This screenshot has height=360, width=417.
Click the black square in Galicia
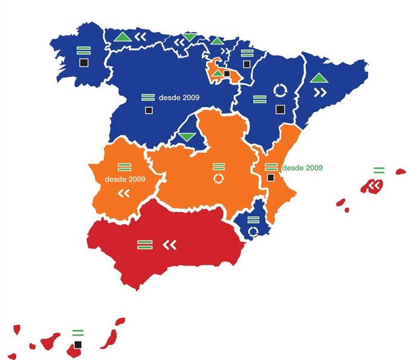pyautogui.click(x=83, y=62)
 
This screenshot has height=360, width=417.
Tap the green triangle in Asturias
pyautogui.click(x=122, y=37)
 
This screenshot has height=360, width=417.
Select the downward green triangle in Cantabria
pyautogui.click(x=190, y=38)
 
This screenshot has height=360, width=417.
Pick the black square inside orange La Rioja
pyautogui.click(x=227, y=74)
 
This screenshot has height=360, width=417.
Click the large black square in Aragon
pyautogui.click(x=279, y=109)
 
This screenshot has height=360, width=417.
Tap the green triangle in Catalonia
pyautogui.click(x=318, y=78)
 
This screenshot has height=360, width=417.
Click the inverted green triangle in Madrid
pyautogui.click(x=186, y=137)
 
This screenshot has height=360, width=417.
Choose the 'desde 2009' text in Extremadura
pyautogui.click(x=125, y=179)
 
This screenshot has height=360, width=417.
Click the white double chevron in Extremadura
pyautogui.click(x=124, y=193)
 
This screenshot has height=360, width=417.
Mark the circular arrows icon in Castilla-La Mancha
pyautogui.click(x=218, y=179)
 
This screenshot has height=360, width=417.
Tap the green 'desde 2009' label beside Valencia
pyautogui.click(x=302, y=167)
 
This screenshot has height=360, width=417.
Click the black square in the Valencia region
pyautogui.click(x=271, y=178)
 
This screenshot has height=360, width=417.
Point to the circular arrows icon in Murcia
pyautogui.click(x=254, y=231)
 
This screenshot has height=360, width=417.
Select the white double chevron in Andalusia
pyautogui.click(x=170, y=245)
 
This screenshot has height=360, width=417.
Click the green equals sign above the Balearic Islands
pyautogui.click(x=379, y=170)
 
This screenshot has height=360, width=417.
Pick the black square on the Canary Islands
pyautogui.click(x=77, y=345)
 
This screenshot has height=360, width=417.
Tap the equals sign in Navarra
pyautogui.click(x=247, y=53)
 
